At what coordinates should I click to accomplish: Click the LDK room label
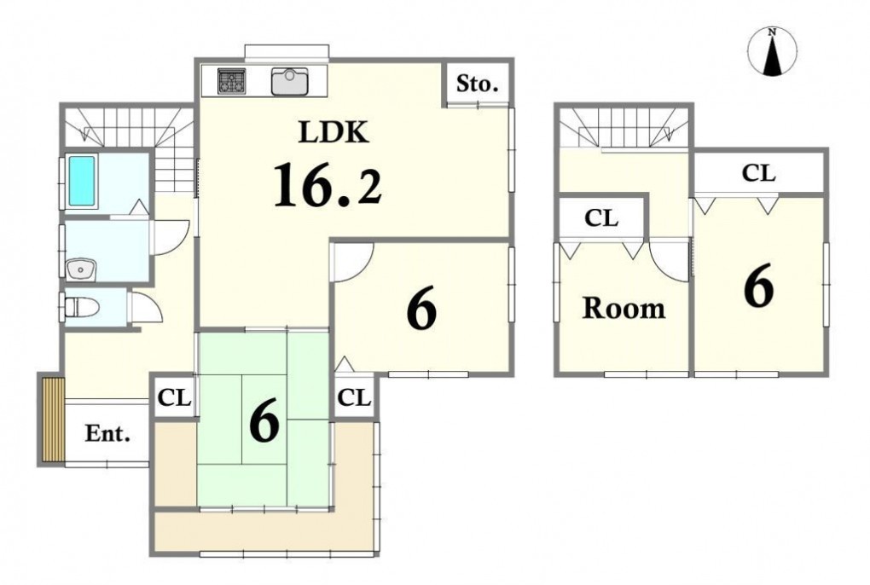[333, 132]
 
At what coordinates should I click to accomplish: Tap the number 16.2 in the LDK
[328, 185]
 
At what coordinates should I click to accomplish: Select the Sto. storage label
[477, 84]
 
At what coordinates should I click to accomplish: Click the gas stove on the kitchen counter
[231, 82]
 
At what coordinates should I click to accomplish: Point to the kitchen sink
[290, 82]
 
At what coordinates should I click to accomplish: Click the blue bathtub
[81, 181]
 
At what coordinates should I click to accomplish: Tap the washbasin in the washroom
[82, 270]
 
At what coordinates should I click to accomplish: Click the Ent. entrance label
[107, 433]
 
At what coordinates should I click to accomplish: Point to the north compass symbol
[772, 51]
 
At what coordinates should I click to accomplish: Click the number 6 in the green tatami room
[264, 422]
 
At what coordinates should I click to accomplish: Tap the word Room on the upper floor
[623, 309]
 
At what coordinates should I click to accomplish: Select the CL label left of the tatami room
[174, 397]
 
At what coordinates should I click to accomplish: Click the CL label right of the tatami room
[353, 397]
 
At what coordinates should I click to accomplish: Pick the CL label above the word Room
[601, 218]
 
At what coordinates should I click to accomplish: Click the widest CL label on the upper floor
[758, 174]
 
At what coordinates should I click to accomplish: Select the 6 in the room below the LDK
[421, 310]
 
